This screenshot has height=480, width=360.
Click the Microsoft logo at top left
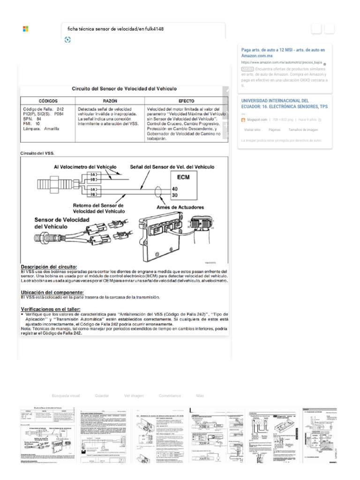pyautogui.click(x=26, y=29)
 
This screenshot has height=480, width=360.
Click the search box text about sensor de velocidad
pyautogui.click(x=116, y=29)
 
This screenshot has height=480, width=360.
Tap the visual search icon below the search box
pyautogui.click(x=67, y=40)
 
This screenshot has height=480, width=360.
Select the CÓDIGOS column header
pyautogui.click(x=48, y=101)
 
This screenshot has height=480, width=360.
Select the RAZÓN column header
pyautogui.click(x=109, y=101)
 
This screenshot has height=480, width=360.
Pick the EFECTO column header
pyautogui.click(x=186, y=101)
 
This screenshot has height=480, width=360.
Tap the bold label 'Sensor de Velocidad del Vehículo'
pyautogui.click(x=58, y=223)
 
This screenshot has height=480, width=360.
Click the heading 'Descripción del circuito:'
pyautogui.click(x=49, y=267)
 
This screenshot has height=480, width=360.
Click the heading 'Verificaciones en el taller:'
pyautogui.click(x=51, y=309)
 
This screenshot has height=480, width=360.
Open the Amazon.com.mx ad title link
pyautogui.click(x=283, y=52)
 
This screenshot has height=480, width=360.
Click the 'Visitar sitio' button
pyautogui.click(x=252, y=129)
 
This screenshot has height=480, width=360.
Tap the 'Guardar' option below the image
pyautogui.click(x=102, y=396)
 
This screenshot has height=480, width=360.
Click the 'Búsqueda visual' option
pyautogui.click(x=66, y=396)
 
